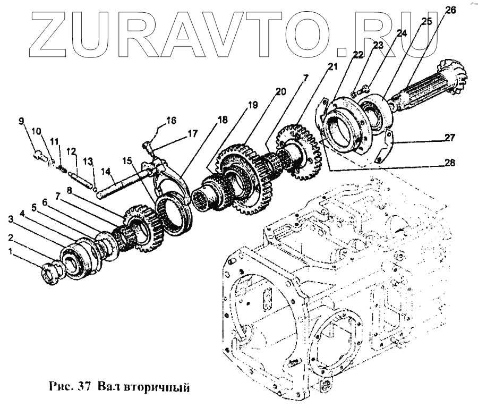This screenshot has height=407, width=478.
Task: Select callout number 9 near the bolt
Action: (x=22, y=121)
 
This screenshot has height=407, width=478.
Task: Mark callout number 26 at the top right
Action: (x=450, y=10)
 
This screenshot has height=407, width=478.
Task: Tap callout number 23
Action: (x=378, y=46)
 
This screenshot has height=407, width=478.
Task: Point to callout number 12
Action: (x=71, y=151)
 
